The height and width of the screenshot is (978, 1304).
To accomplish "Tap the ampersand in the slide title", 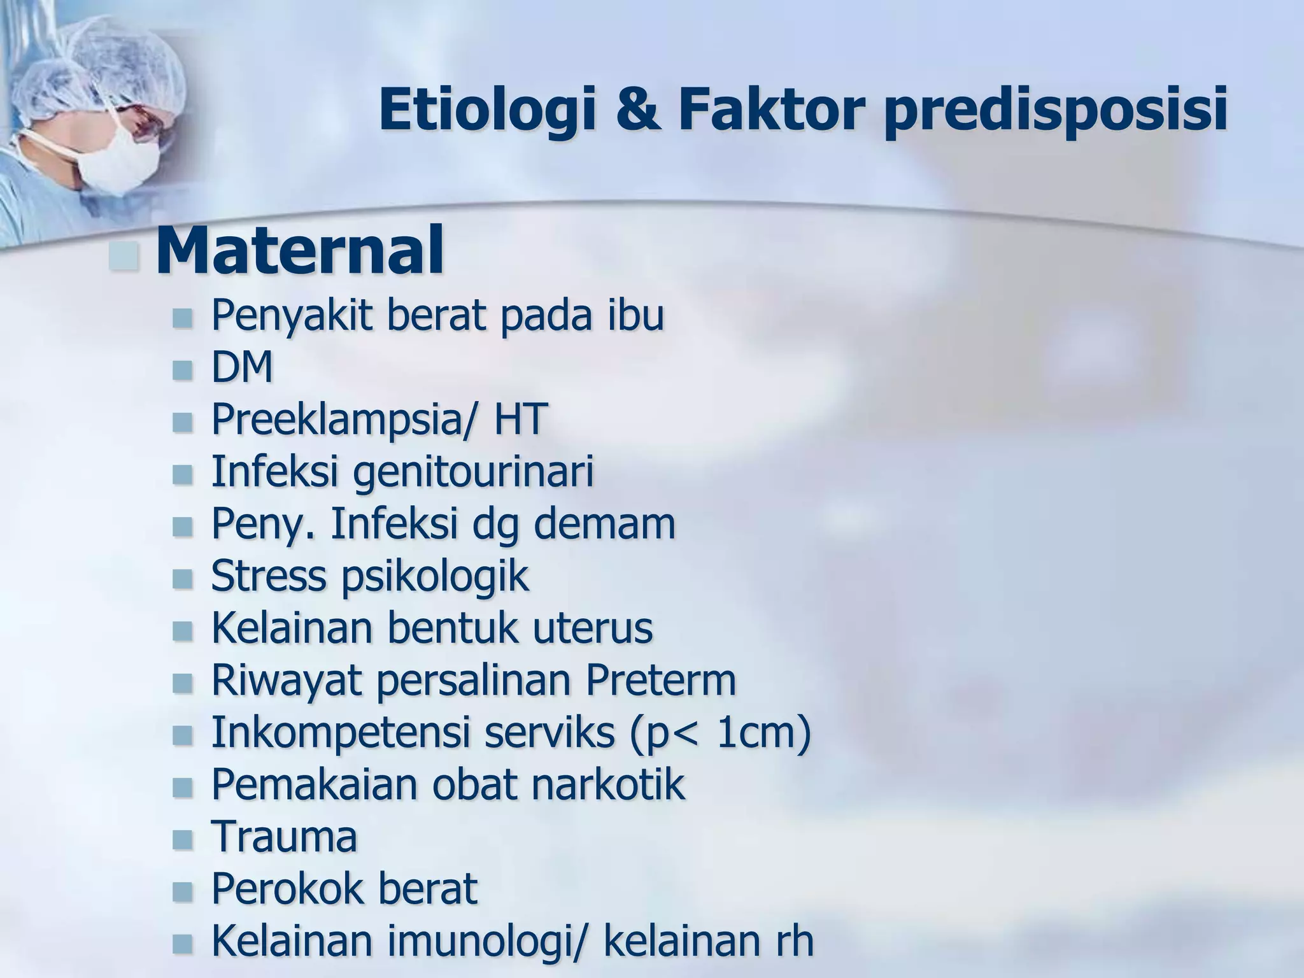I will click(638, 111).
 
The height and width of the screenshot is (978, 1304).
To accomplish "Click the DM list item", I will click(242, 368).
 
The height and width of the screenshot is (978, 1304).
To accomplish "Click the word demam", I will click(604, 524).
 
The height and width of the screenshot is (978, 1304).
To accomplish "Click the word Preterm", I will click(661, 681).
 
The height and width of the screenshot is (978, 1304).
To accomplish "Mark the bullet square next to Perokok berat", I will click(182, 891).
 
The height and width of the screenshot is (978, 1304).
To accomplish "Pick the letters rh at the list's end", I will click(793, 941).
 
